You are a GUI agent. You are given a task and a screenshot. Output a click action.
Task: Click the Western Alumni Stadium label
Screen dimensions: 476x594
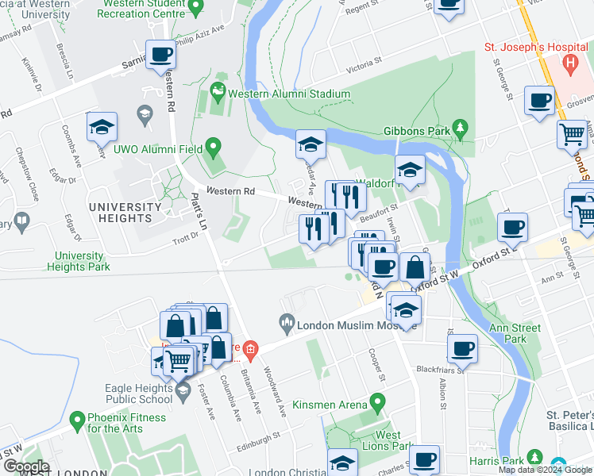[289, 94]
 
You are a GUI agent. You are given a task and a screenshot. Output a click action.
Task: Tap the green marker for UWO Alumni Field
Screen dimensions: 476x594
[212, 147]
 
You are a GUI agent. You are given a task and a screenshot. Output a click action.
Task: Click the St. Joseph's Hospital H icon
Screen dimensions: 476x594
[569, 62]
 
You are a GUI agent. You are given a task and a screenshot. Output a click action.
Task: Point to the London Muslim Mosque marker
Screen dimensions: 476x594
[286, 324]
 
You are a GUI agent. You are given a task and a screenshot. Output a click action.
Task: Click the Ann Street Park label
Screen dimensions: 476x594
[516, 333]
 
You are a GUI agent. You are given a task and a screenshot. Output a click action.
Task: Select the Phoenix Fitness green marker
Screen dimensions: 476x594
[77, 418]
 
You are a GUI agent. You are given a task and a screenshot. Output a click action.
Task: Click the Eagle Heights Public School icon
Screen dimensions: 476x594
[183, 390]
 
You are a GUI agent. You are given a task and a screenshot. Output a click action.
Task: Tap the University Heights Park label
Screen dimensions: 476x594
[79, 261]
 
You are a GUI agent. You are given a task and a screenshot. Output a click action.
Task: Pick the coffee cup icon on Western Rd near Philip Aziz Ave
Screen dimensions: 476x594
[161, 54]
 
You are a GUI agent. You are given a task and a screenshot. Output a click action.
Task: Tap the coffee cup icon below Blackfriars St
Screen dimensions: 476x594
[462, 347]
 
